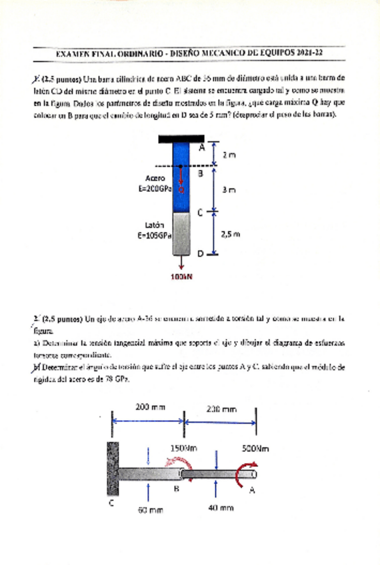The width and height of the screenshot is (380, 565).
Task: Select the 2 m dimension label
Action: coord(229,155)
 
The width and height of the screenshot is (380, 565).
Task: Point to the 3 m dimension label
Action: coord(229,189)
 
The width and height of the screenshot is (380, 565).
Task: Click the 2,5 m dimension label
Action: coord(230,234)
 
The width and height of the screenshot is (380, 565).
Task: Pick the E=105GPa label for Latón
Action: coord(154,235)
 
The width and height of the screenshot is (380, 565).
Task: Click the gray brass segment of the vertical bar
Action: coord(182,233)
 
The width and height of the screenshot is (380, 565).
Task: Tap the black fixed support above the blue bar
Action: coord(181,139)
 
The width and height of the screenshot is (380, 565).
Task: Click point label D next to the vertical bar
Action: coord(199,254)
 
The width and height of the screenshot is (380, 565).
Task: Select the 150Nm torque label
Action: coord(180,448)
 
